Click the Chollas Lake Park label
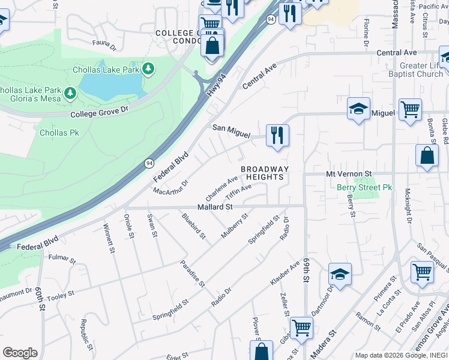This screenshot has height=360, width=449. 106,70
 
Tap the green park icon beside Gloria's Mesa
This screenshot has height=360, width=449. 71,93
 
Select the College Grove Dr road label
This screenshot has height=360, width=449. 100,112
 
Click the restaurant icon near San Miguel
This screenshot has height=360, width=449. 277,134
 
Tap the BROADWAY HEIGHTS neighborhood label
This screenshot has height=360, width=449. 265,173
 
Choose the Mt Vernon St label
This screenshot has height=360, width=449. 349,173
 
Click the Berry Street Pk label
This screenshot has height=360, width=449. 364,187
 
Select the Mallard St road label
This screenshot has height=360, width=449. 215,206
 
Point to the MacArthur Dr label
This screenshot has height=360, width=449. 170,187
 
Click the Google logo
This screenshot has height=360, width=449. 19,353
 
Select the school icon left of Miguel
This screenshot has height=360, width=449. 358,109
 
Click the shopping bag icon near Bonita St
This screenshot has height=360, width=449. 426,155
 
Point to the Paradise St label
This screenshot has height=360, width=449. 193,273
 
